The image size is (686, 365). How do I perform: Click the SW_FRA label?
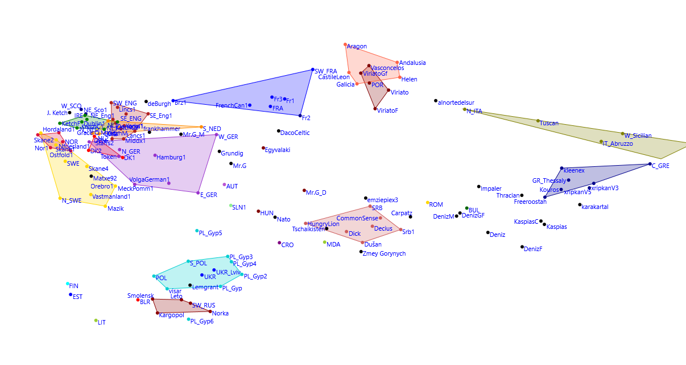coord(326,72)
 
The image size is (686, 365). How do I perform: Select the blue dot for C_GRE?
coord(650,165)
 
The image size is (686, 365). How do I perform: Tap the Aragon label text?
coord(357,47)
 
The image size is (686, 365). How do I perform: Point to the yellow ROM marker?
coord(428,203)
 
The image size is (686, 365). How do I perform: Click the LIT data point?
coord(96,321)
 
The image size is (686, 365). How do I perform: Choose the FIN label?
coord(74,286)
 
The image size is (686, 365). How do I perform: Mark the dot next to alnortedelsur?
coord(436,101)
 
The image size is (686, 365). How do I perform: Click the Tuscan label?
coord(549,124)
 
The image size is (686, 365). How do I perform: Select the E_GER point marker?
coord(198,193)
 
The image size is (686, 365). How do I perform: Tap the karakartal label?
coord(595,207)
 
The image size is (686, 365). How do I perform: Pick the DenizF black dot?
coord(522,247)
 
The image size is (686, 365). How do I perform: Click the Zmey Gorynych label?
coord(384,254)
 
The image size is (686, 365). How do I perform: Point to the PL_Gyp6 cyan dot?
coord(189,319)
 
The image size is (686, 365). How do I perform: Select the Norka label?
coord(220,314)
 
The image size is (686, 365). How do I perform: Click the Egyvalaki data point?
coord(263,148)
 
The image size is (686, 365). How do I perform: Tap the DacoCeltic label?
coord(295,133)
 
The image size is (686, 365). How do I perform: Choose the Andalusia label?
coord(412,63)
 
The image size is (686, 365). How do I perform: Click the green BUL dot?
coord(466,208)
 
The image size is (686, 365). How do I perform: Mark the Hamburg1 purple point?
coord(155,155)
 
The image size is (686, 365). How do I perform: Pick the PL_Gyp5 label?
coord(210,233)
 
